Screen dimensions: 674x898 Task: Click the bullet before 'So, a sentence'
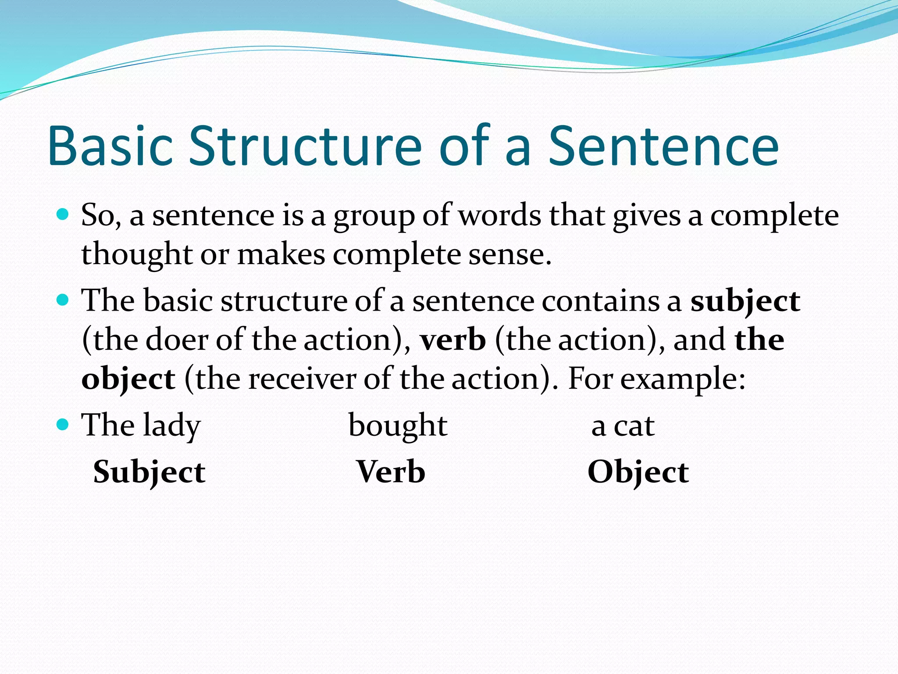[x=63, y=215]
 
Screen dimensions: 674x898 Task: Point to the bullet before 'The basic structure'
[x=63, y=300]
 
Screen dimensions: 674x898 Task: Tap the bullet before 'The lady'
[x=63, y=424]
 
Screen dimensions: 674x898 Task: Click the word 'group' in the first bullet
[x=374, y=217]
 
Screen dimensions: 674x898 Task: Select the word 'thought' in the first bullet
[x=136, y=255]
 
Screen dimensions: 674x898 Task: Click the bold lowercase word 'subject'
[x=745, y=302]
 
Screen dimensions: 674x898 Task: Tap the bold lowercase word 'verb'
[x=453, y=340]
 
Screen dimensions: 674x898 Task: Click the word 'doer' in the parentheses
[x=176, y=340]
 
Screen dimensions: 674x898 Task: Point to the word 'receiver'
[x=302, y=378]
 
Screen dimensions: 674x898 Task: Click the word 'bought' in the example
[x=398, y=426]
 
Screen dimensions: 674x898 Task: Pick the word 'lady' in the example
[x=172, y=426]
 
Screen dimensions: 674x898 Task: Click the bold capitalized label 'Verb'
[x=391, y=472]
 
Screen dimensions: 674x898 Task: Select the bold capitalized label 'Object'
[x=638, y=473]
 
